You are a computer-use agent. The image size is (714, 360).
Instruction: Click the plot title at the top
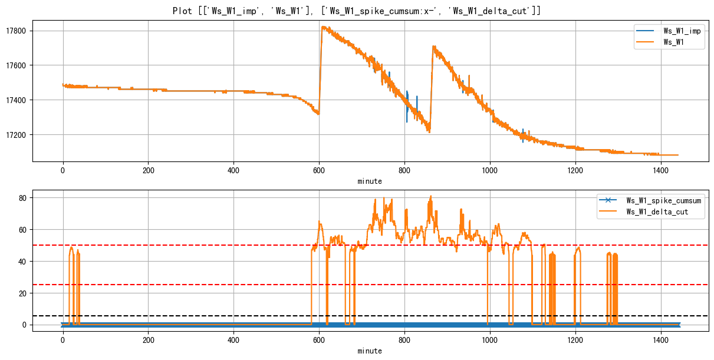click(357, 11)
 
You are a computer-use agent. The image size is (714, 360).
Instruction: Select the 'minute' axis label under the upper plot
click(370, 181)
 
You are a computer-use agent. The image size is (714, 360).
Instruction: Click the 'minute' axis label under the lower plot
click(370, 351)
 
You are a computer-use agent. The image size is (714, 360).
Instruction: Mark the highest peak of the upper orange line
click(323, 27)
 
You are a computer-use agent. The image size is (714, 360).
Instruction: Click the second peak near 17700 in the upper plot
click(433, 47)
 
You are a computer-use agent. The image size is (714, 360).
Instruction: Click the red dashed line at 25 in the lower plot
click(177, 285)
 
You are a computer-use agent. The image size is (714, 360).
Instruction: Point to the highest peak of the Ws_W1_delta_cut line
click(431, 196)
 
